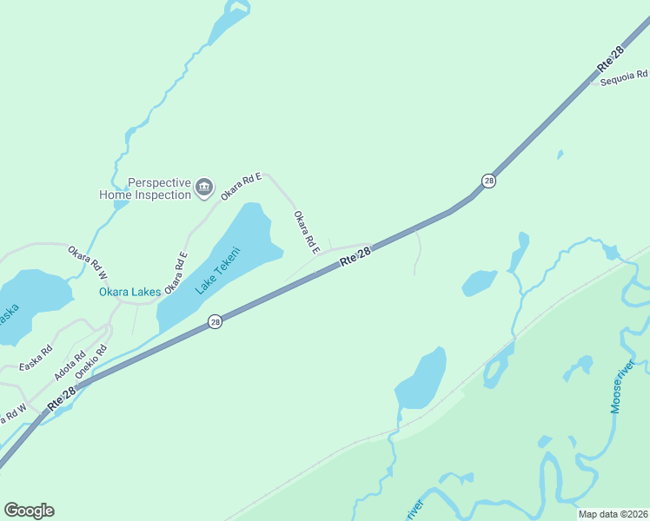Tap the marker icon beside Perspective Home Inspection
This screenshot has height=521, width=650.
[x=204, y=186]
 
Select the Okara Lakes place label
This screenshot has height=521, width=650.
[x=129, y=292]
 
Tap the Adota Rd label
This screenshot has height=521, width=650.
[x=70, y=366]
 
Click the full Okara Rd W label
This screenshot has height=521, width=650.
[x=88, y=262]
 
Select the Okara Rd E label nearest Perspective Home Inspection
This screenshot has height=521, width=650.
[x=241, y=187]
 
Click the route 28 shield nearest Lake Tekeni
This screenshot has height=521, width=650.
[x=216, y=322]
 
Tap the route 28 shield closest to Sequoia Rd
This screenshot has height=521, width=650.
[x=489, y=181]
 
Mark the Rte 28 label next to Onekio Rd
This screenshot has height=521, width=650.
[x=63, y=399]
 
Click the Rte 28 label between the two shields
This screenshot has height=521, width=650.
[x=355, y=255]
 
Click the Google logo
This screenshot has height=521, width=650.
[x=29, y=511]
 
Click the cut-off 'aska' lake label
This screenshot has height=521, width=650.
[x=8, y=312]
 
